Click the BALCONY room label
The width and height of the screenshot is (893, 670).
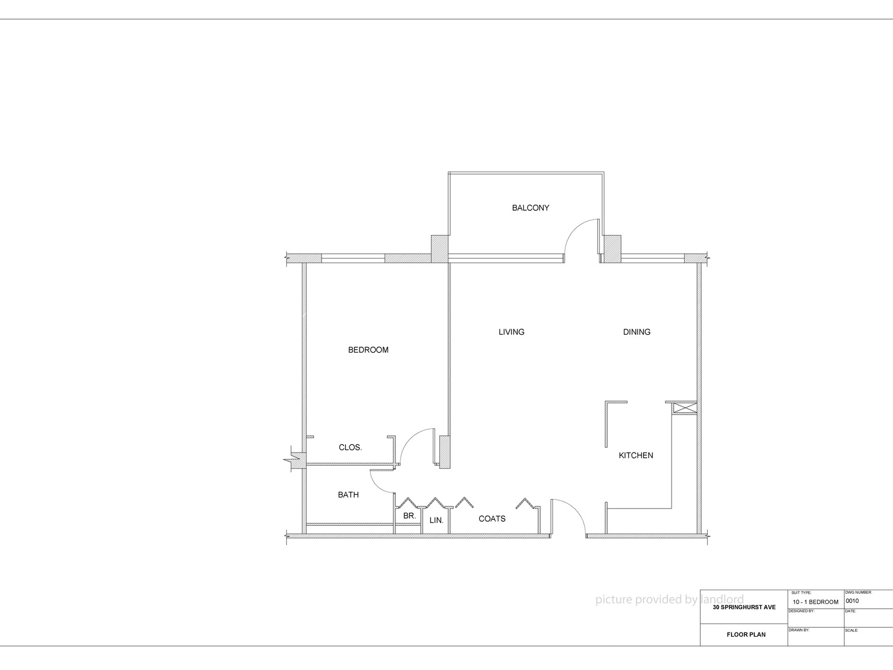coord(530,208)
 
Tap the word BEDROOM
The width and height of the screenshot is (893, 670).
coord(368,350)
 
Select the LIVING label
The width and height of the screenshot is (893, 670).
coord(511,332)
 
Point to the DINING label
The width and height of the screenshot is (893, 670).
coord(636,332)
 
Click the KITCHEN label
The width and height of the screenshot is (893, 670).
coord(636,456)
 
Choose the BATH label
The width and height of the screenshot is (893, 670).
coord(348,495)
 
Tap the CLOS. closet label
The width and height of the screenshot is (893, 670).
coord(350,447)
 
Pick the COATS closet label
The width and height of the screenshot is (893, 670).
coord(492,519)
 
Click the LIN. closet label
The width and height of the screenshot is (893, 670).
coord(436,521)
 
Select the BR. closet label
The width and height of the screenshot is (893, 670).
coord(409,516)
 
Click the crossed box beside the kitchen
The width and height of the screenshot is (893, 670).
coord(685,407)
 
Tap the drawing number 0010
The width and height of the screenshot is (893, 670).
coord(853,601)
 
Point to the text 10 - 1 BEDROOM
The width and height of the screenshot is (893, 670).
coord(815,602)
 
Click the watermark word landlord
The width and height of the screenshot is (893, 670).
coord(722,599)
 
